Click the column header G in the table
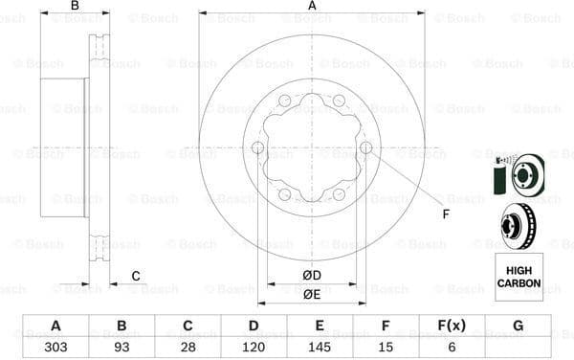[518, 326]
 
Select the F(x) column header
[452, 326]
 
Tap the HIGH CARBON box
[518, 277]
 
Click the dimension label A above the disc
[312, 7]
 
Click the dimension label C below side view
[136, 277]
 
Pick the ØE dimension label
[312, 295]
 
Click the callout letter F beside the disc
[445, 213]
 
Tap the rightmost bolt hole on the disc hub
[365, 146]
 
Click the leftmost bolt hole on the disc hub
[257, 146]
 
